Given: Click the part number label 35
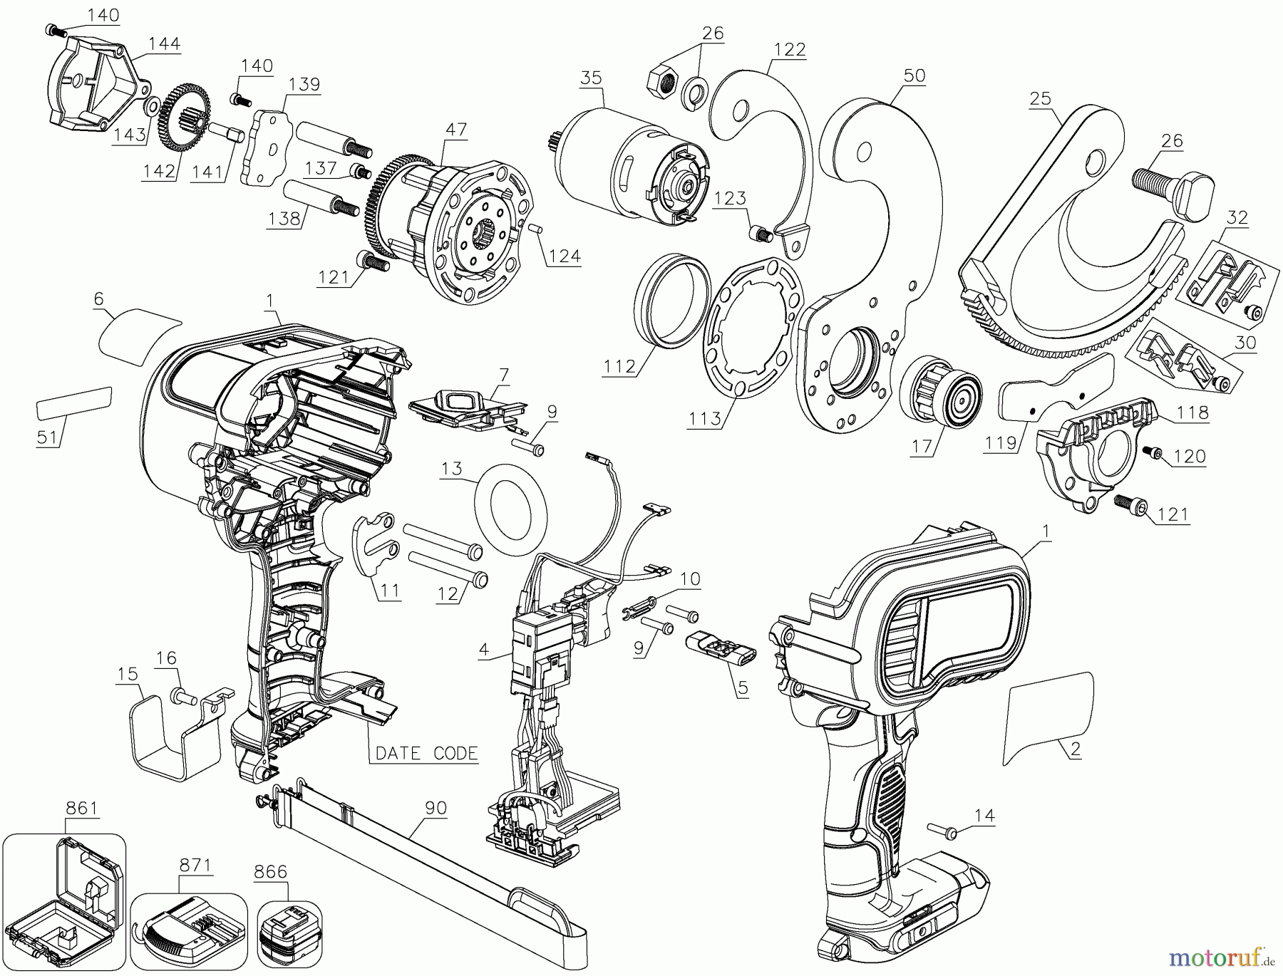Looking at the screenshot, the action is coord(591,77).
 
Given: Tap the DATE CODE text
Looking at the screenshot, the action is coord(427,753).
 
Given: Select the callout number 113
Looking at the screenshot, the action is coord(705,419).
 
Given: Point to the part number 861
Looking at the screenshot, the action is coord(82,808).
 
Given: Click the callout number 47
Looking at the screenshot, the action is coord(456,130).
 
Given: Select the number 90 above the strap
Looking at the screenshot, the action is coord(436,808).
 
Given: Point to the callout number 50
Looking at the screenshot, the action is coord(914,76).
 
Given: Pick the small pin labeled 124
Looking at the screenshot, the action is coord(539,227).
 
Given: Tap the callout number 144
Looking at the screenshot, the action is coord(164,44).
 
